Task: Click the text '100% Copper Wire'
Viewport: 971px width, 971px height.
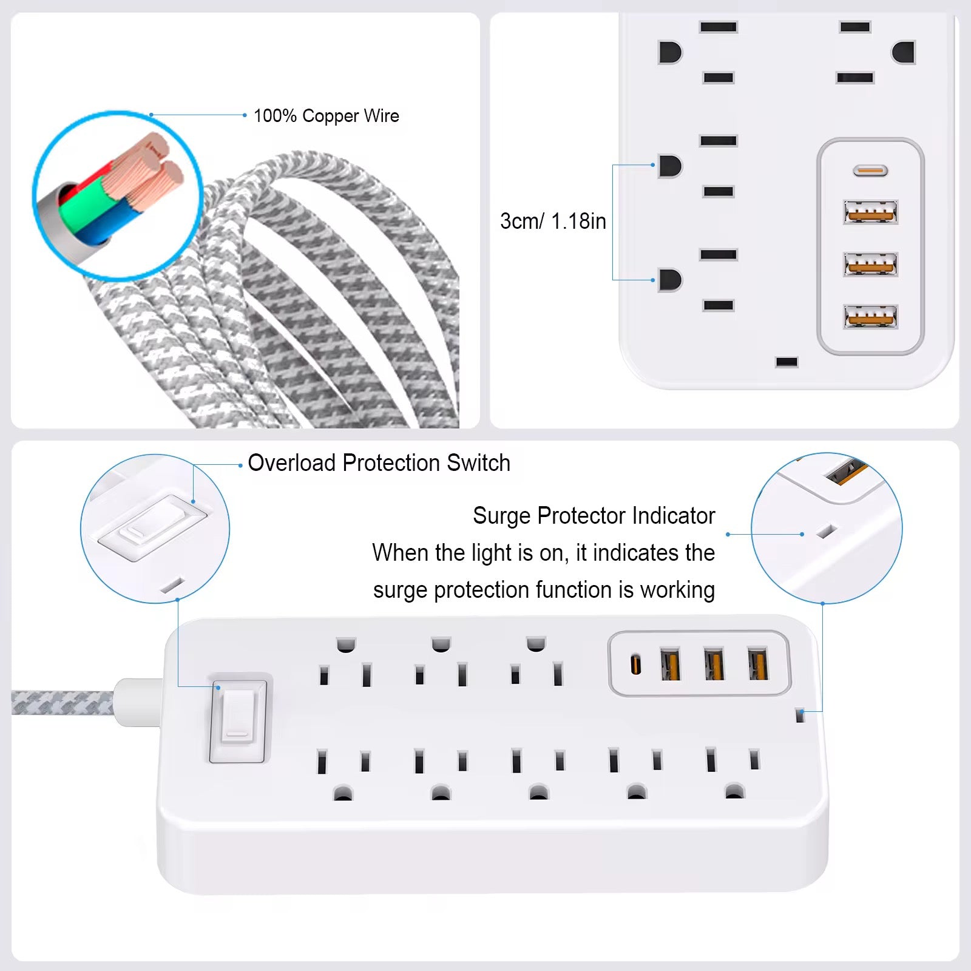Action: click(x=326, y=116)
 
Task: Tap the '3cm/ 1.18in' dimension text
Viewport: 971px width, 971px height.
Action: click(x=553, y=222)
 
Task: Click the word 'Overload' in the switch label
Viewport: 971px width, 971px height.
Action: click(x=292, y=463)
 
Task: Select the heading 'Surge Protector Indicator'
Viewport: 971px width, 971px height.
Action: click(x=594, y=516)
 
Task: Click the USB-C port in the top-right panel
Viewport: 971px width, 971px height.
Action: click(x=870, y=171)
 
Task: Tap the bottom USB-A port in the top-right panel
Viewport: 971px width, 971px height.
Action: click(x=871, y=317)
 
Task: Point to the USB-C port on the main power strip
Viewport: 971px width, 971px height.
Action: click(x=635, y=664)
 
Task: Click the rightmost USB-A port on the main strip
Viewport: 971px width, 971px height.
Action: click(x=757, y=665)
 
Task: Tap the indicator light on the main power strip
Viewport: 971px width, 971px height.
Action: click(x=800, y=716)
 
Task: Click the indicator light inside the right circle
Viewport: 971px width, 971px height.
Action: click(x=825, y=531)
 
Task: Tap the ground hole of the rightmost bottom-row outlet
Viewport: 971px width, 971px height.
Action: click(x=734, y=791)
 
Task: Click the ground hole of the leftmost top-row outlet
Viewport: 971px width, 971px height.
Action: click(x=346, y=644)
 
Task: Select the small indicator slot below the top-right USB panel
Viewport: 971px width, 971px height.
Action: click(x=787, y=362)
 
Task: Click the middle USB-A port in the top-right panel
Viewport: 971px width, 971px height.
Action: click(x=871, y=265)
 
